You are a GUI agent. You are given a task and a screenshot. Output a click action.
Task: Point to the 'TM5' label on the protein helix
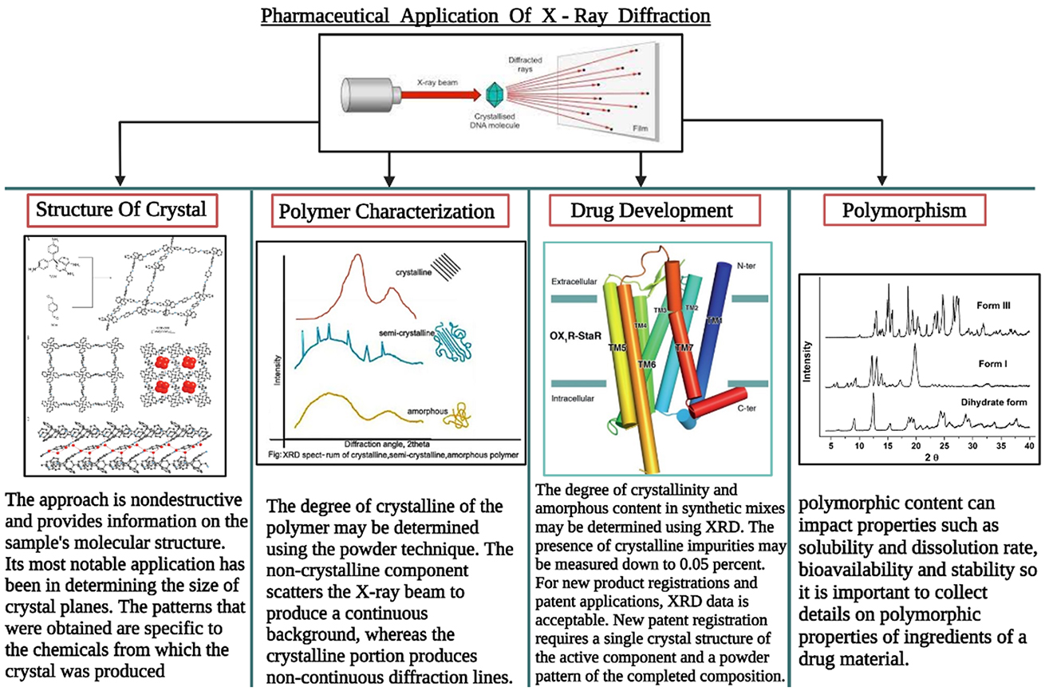(617, 349)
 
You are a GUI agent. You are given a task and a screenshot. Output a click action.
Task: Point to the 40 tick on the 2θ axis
(1028, 444)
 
